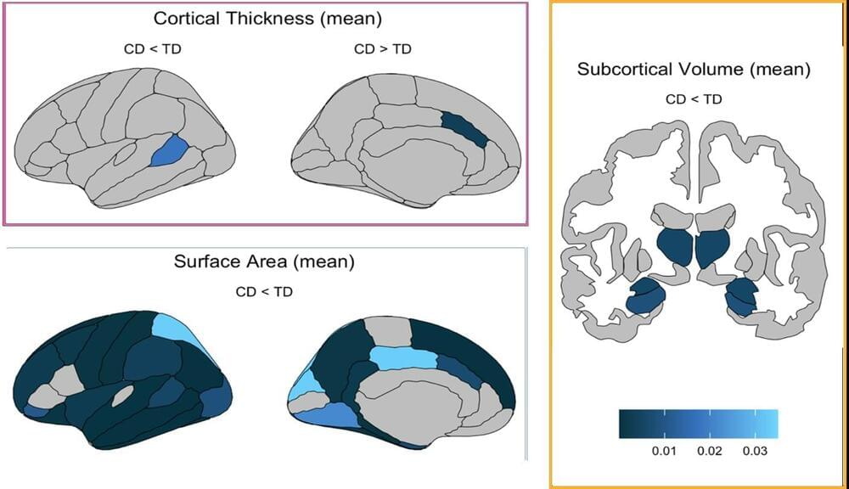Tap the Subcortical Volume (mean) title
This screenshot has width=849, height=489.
click(x=694, y=70)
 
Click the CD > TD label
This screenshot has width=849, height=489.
click(x=382, y=48)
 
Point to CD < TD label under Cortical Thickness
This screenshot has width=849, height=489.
click(x=152, y=48)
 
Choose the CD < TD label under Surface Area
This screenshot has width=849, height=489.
click(x=264, y=292)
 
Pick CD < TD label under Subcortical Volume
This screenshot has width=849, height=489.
click(x=694, y=99)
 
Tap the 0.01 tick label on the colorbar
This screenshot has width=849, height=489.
click(x=663, y=451)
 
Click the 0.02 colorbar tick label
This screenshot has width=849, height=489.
click(x=710, y=451)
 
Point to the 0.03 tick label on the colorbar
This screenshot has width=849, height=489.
click(x=756, y=451)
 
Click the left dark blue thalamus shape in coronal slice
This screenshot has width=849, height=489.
click(x=676, y=246)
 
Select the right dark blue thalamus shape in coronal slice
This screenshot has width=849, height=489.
click(x=712, y=246)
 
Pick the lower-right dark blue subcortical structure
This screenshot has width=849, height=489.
click(x=741, y=296)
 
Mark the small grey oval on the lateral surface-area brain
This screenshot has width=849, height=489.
click(x=123, y=395)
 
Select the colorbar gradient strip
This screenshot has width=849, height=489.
click(x=698, y=424)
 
